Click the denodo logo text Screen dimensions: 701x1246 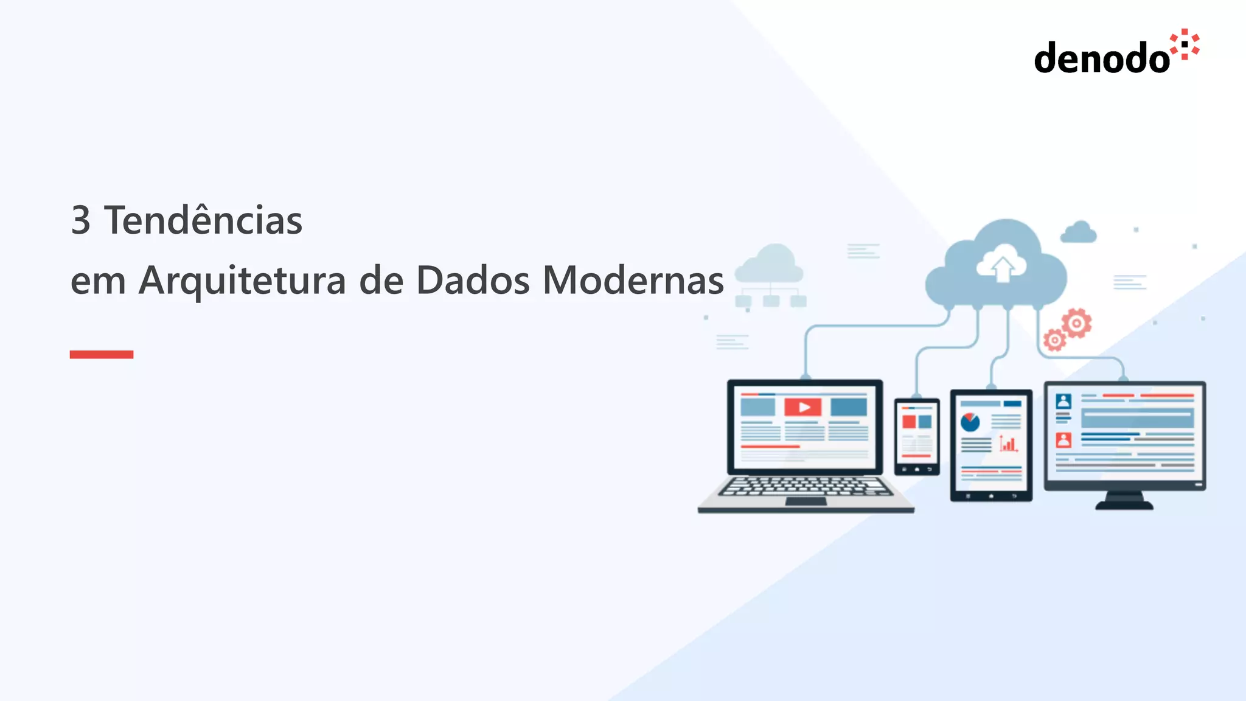click(1101, 58)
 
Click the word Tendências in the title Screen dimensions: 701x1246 click(203, 220)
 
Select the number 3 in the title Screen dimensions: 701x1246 click(80, 220)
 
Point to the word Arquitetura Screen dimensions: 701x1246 click(242, 281)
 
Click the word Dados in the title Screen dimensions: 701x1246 click(473, 281)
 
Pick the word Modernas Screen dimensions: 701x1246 click(633, 281)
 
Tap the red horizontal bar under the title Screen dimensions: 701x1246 click(102, 354)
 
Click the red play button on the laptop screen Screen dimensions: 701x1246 click(803, 407)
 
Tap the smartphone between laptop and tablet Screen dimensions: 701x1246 click(917, 436)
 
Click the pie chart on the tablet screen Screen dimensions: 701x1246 click(970, 421)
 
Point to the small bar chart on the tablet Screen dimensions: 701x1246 click(1008, 444)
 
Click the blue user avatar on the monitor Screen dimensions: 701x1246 click(1063, 401)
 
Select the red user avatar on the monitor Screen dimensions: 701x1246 click(1063, 439)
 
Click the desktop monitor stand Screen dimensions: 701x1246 click(1124, 501)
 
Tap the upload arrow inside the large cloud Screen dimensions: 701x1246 click(1003, 268)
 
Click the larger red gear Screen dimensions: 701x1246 click(1076, 323)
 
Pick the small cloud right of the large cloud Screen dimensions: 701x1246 click(1079, 233)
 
